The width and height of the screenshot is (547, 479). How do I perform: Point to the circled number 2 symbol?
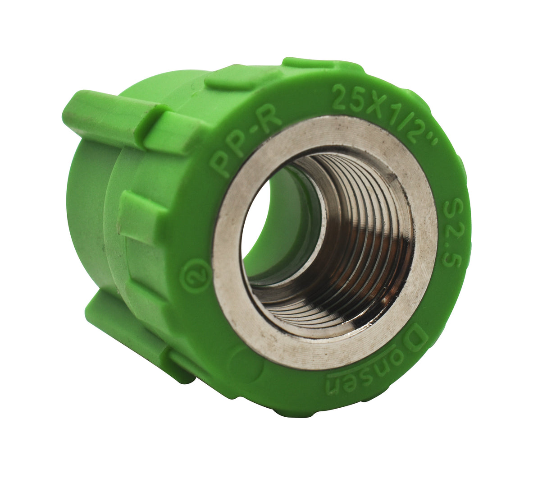195,275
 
